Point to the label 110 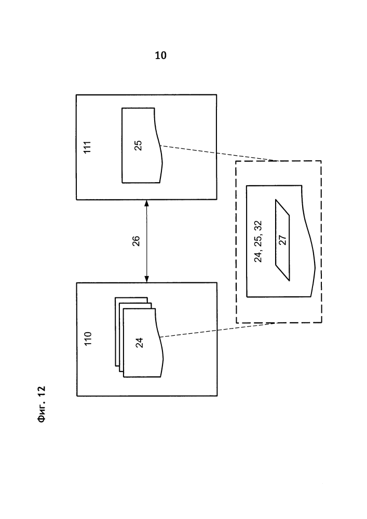[88, 339]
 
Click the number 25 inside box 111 [138, 146]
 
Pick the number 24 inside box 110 [139, 342]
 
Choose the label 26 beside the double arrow [136, 241]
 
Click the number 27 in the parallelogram [283, 240]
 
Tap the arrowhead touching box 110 [146, 279]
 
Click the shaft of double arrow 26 [146, 241]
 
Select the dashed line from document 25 [218, 154]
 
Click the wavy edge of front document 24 [161, 358]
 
